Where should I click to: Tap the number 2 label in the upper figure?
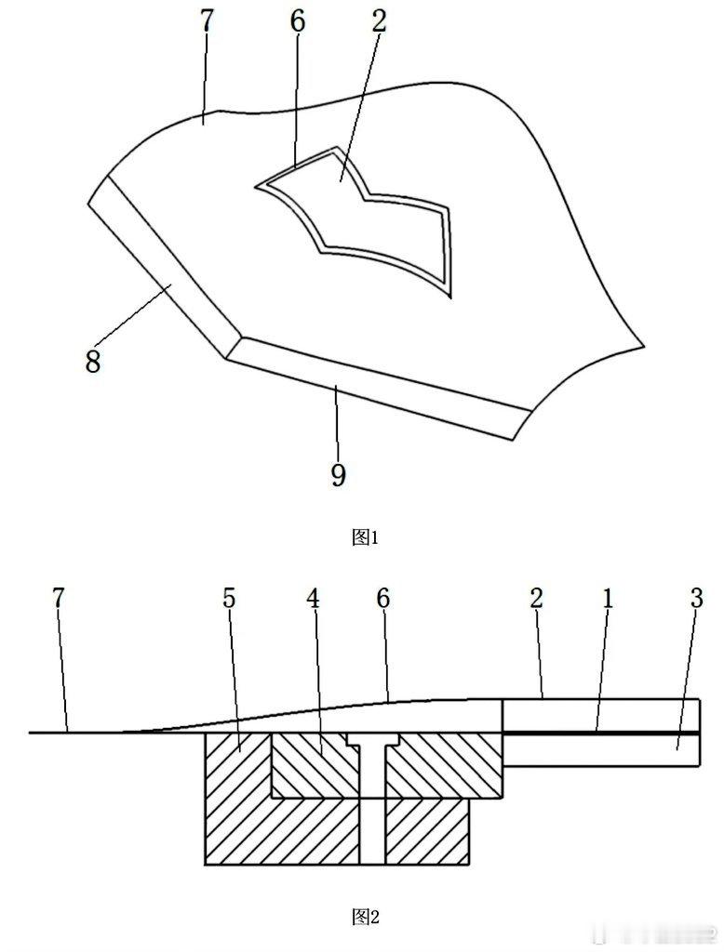tap(379, 23)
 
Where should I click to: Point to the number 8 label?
tap(92, 362)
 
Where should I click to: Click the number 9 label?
tap(338, 475)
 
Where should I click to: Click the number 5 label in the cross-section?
tap(229, 598)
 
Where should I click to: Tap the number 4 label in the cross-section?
tap(314, 598)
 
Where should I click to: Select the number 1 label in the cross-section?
tap(607, 598)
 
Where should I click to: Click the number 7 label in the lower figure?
tap(59, 598)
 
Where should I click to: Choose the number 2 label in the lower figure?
tap(537, 598)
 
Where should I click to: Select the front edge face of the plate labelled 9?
tap(372, 386)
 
